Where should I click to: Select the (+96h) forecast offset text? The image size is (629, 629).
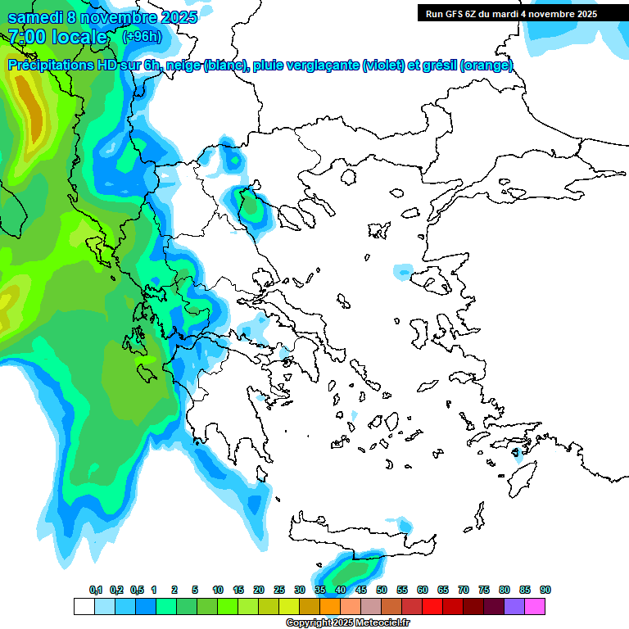141,37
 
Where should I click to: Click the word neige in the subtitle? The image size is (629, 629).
183,66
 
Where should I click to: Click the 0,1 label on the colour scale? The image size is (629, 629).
95,590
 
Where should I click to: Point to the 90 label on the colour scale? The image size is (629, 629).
545,590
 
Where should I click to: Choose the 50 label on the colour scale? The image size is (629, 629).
382,590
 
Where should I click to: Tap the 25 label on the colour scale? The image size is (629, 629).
279,590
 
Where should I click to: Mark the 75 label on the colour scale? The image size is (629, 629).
484,590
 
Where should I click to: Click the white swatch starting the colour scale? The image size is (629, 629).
84,606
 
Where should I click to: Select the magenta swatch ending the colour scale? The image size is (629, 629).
535,606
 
